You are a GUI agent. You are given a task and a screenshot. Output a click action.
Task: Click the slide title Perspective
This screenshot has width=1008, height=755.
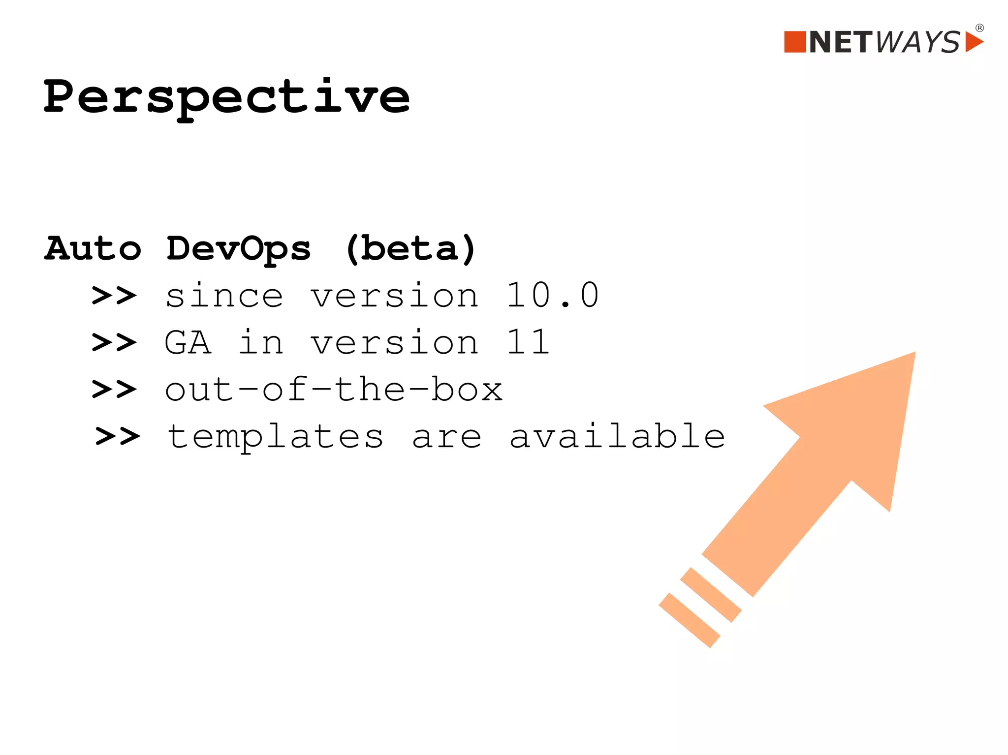point(226,97)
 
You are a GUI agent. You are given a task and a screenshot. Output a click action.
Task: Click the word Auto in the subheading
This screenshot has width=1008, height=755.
point(93,248)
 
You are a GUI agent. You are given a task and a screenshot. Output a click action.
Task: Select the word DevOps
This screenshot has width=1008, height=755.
point(239,249)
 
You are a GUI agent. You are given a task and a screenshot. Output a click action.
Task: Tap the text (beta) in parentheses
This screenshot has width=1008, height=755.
point(410,249)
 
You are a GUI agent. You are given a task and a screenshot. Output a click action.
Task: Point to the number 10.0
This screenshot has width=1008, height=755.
point(552,295)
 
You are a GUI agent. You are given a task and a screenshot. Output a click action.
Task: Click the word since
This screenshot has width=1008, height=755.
point(224,295)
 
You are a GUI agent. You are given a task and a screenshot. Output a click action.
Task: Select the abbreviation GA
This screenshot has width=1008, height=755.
point(188,342)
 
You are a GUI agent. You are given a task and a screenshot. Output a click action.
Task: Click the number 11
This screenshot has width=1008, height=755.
point(528,342)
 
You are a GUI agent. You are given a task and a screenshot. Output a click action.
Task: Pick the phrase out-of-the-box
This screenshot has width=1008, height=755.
point(333,390)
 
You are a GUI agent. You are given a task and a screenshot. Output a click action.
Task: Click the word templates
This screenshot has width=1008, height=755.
point(275,437)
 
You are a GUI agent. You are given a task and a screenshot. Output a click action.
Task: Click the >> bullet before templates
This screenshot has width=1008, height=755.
point(118,436)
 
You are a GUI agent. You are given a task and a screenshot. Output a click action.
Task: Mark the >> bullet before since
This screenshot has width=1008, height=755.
point(114,296)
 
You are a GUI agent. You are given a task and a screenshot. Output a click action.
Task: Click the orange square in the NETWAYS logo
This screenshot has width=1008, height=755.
point(794,42)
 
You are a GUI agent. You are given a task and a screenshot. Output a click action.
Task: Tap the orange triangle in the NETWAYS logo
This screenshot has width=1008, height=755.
point(973,42)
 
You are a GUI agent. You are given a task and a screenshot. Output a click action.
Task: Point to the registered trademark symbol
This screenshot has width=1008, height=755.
point(979,28)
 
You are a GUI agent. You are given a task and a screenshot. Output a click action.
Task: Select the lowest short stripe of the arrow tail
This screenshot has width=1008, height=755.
point(689,620)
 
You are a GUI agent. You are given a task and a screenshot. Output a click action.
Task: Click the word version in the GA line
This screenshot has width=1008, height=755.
point(394,342)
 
